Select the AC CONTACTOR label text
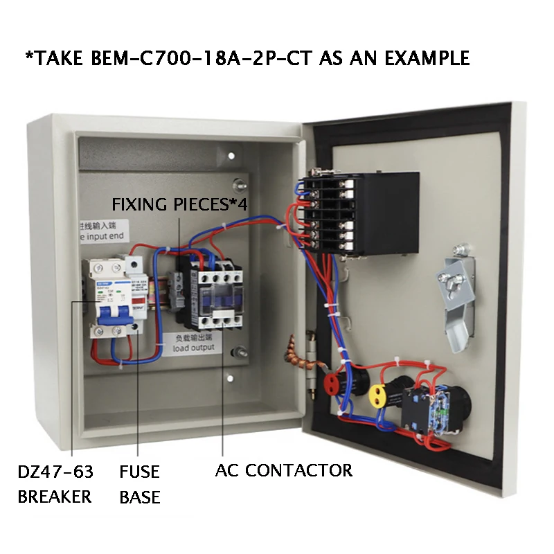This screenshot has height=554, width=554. coord(283,471)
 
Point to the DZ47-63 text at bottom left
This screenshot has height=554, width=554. coord(55,472)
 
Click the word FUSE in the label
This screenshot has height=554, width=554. coord(139,472)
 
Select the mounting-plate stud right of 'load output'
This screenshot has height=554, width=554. coord(240,351)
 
